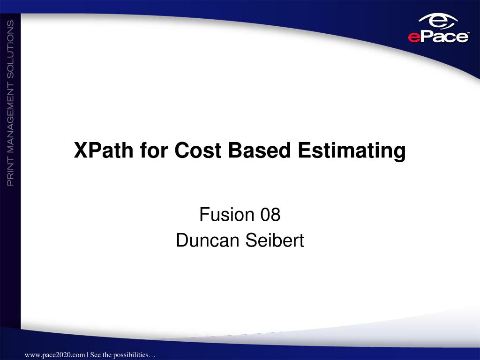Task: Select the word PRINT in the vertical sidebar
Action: tap(10, 170)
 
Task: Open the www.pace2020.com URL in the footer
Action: tap(54, 355)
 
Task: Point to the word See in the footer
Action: tap(96, 355)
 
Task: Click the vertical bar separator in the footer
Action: tap(87, 355)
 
